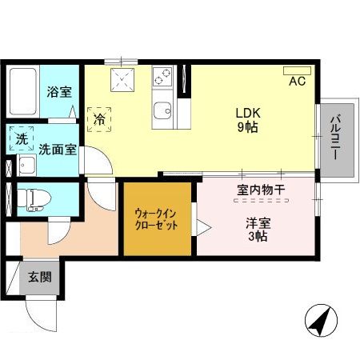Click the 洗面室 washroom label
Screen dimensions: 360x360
coord(58,149)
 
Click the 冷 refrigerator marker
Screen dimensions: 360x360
coord(100,118)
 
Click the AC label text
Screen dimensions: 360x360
coord(296,82)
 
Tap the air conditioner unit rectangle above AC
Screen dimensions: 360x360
coord(297,70)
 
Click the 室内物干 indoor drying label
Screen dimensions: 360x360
coord(261,190)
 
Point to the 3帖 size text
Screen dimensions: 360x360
coord(258,237)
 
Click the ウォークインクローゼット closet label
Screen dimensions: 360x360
coord(156,220)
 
